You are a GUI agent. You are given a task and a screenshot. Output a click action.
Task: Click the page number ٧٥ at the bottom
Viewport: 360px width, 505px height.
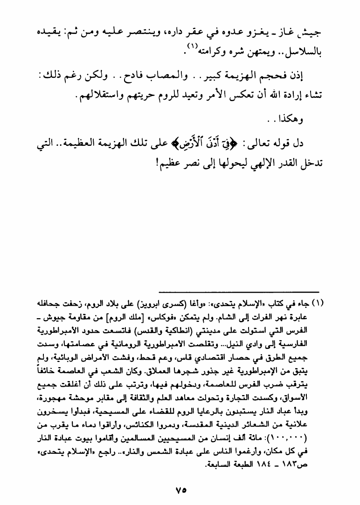click(x=180, y=490)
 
